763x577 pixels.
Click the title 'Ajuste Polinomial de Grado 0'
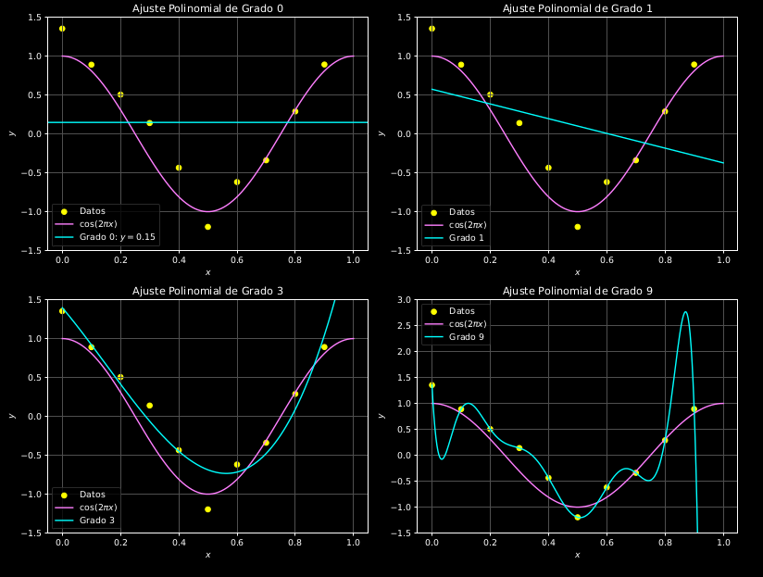[207, 8]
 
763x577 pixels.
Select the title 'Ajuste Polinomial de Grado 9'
[577, 291]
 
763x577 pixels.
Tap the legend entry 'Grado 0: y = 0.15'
[118, 238]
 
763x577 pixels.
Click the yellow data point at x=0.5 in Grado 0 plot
[207, 227]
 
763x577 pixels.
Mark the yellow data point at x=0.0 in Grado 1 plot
[432, 29]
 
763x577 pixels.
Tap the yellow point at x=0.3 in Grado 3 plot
[149, 406]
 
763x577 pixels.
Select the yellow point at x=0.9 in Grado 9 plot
[694, 408]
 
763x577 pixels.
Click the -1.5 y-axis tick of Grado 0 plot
[33, 251]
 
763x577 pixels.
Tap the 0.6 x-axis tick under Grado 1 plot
[607, 261]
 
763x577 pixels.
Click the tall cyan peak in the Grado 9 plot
[685, 313]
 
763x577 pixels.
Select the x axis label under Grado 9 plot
[577, 556]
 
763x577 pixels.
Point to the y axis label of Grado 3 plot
[11, 416]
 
